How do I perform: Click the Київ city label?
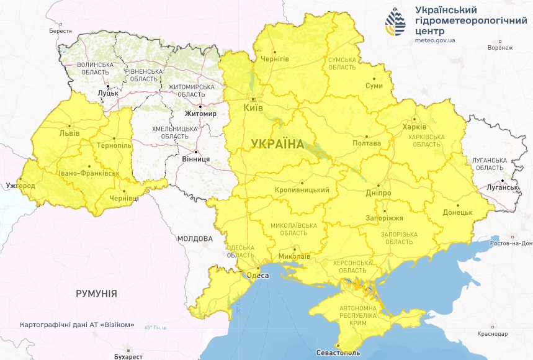(254, 108)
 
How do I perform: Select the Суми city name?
(374, 86)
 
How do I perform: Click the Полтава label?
(366, 143)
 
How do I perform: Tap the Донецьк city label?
(458, 212)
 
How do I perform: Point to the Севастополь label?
(338, 353)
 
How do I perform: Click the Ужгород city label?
(20, 186)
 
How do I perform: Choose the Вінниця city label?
(196, 159)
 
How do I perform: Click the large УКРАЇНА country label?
(277, 145)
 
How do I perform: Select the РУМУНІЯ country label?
(96, 293)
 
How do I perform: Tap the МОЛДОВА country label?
(195, 238)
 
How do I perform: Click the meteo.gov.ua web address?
(436, 40)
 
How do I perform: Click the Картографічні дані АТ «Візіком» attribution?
(77, 325)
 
